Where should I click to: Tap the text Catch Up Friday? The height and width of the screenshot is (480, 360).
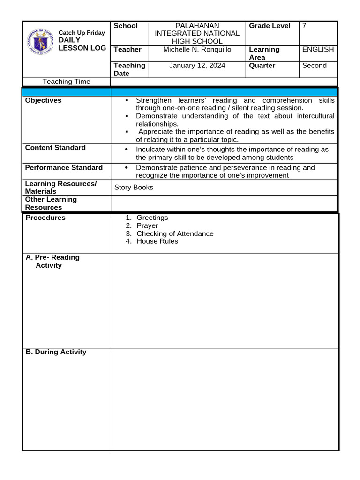pos(82,33)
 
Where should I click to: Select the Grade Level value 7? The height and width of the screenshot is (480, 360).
pos(305,26)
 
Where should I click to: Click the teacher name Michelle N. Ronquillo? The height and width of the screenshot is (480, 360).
pos(197,50)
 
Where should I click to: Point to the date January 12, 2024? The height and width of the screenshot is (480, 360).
pos(197,66)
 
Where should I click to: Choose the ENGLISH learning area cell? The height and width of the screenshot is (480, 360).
pos(318,50)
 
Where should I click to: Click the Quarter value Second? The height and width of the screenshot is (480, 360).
pos(314,66)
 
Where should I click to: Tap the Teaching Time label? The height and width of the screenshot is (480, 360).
pos(66,82)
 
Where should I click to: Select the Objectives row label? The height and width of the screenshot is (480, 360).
pos(43,100)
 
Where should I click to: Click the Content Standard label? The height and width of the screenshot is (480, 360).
pos(55,148)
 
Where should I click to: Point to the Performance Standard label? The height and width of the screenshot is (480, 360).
pos(64,168)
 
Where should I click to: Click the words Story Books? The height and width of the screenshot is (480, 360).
pos(134,187)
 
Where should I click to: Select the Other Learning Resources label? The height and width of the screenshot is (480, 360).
pos(51,203)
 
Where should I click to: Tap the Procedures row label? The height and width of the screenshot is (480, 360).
pos(45,217)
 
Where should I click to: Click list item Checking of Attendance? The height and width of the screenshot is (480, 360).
pos(175,233)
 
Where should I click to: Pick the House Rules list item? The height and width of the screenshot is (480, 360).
pos(157,241)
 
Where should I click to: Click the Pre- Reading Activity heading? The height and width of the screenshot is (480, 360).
pos(52,261)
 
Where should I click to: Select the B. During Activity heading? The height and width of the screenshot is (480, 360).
pos(56,352)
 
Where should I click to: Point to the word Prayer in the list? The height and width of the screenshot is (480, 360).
pos(147,225)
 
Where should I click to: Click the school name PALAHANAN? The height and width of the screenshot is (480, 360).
pos(197,26)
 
